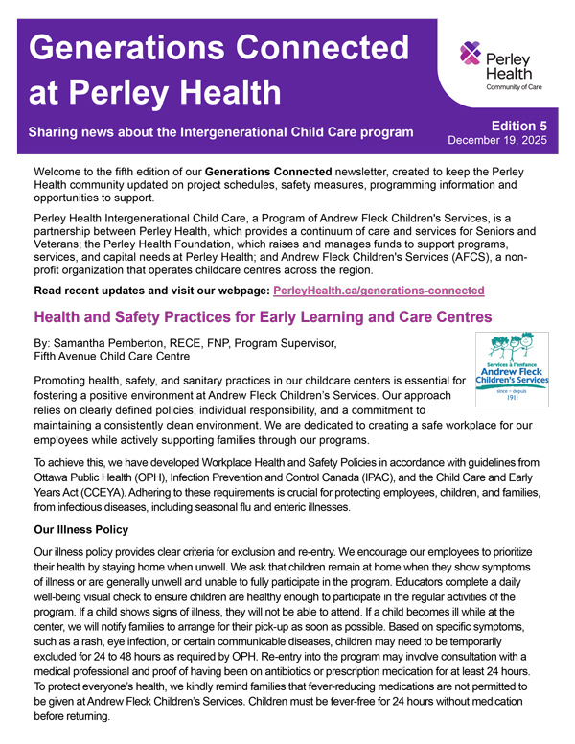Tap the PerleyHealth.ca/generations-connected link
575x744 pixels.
tap(379, 290)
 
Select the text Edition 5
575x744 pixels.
tap(518, 126)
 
